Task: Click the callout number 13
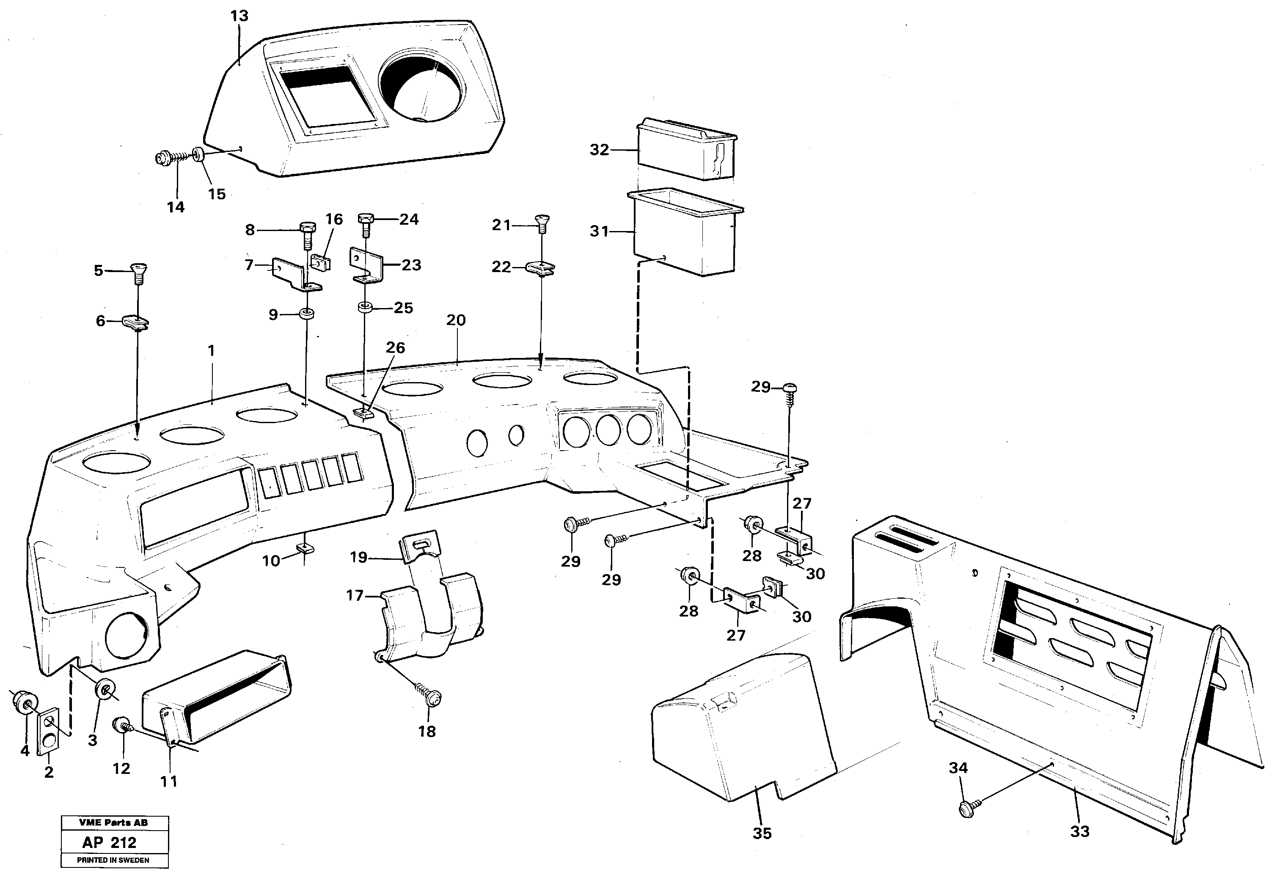239,16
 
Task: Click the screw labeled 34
966,809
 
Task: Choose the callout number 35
762,834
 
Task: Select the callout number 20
456,320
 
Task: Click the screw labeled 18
432,696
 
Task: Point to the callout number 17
355,595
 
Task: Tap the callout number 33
1079,832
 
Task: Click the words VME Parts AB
113,823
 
